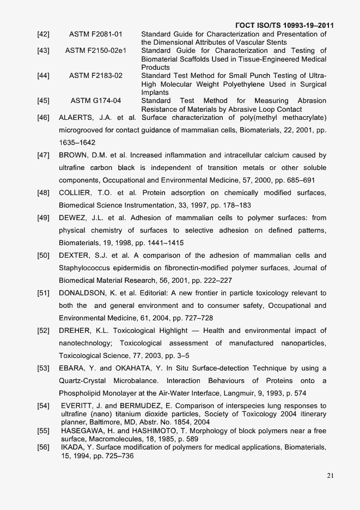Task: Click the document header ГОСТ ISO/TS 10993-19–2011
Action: coord(284,26)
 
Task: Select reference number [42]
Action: coord(44,34)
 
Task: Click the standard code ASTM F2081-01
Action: coord(96,34)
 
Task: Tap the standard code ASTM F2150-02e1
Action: coord(96,51)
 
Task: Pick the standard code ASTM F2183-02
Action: coord(96,76)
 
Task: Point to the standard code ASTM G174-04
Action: coord(96,101)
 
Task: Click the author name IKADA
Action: coord(73,447)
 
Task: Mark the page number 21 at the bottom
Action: coord(330,475)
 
